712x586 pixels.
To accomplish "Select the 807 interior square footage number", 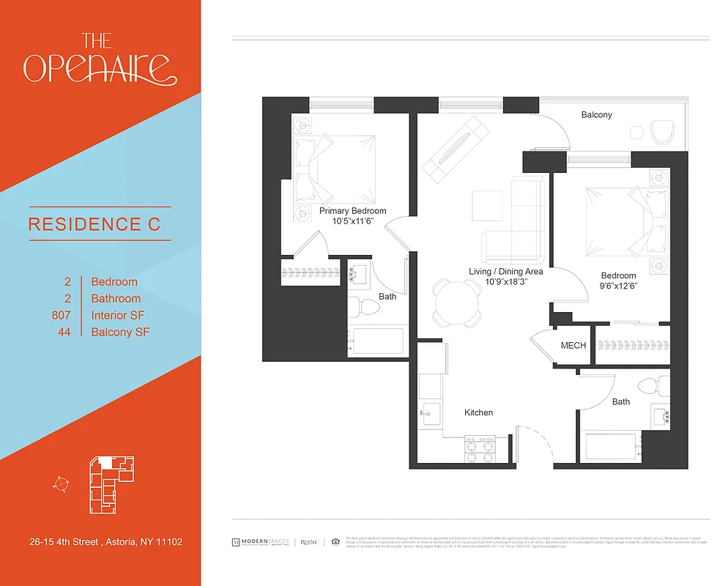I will coord(61,316).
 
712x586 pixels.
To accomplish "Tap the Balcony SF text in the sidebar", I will coord(120,333).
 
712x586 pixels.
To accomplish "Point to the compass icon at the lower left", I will coord(61,483).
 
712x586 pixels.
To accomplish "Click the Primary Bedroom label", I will coord(352,211).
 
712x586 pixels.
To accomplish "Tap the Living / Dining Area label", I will coord(505,272).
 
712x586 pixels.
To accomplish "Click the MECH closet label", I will coord(573,345).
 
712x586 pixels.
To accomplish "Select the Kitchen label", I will coord(478,412).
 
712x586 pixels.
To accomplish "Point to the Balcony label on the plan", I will coord(596,115).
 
